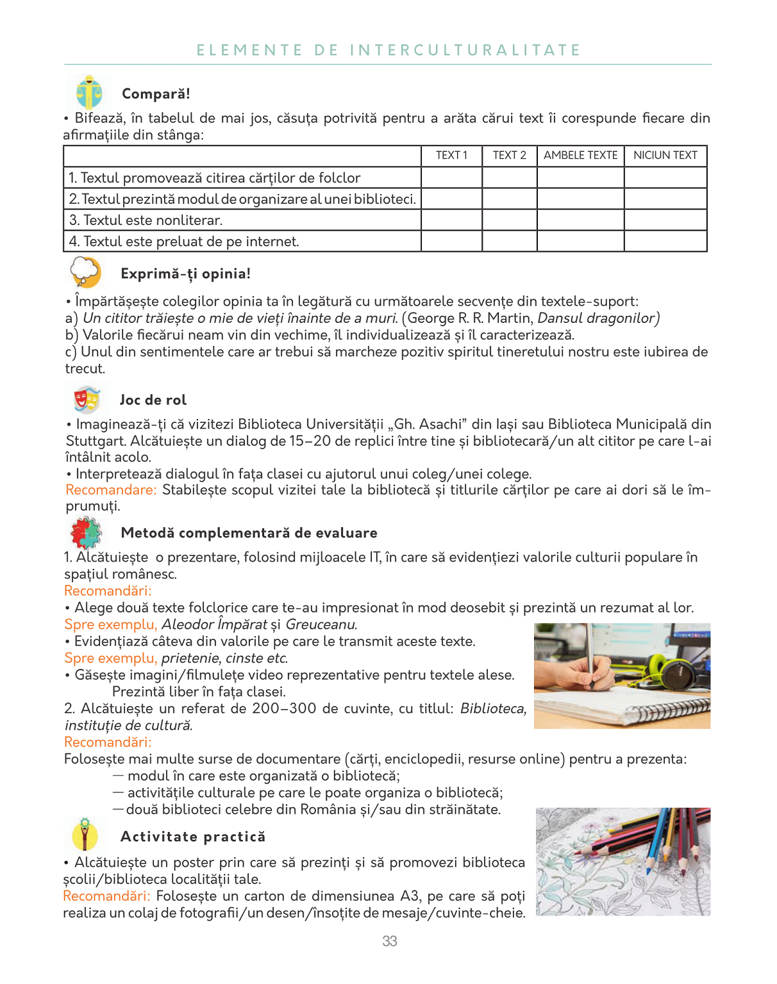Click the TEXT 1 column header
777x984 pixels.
(x=451, y=156)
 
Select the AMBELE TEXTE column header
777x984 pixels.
(x=580, y=156)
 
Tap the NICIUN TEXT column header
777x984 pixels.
(x=665, y=156)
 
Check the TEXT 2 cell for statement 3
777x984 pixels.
(x=509, y=220)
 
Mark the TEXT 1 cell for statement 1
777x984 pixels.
(x=451, y=177)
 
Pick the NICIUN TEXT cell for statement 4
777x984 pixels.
(x=665, y=241)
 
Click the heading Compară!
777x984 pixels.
(x=156, y=94)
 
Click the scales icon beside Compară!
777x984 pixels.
(x=88, y=93)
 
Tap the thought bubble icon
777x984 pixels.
(x=86, y=272)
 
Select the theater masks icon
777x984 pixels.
(x=87, y=400)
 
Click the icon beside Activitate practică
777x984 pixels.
(x=85, y=834)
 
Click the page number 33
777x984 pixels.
(x=390, y=941)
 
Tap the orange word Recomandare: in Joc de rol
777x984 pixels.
(x=111, y=490)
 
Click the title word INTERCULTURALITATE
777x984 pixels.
(x=465, y=51)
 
